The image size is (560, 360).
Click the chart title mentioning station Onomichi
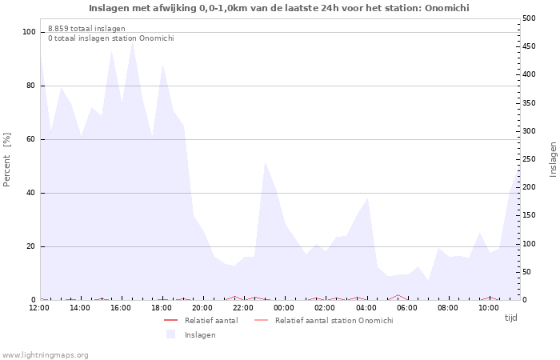279,8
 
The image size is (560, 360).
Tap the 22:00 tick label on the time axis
243,308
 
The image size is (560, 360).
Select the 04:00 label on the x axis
366,308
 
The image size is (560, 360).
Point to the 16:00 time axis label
121,308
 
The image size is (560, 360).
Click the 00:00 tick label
284,308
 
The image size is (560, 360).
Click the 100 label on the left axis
29,32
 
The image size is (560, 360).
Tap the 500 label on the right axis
529,18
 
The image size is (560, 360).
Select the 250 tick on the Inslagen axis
529,159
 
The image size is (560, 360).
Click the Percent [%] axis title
7,160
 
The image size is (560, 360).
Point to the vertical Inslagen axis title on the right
553,159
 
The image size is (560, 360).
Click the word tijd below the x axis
510,318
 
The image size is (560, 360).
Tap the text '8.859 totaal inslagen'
86,29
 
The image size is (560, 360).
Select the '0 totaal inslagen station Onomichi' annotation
111,38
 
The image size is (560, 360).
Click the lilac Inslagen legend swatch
171,334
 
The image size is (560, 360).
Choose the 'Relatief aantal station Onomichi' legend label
334,321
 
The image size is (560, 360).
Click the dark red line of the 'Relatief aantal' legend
170,320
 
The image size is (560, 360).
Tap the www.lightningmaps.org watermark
45,355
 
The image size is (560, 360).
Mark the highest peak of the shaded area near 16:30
133,41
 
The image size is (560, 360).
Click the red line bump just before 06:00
398,295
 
